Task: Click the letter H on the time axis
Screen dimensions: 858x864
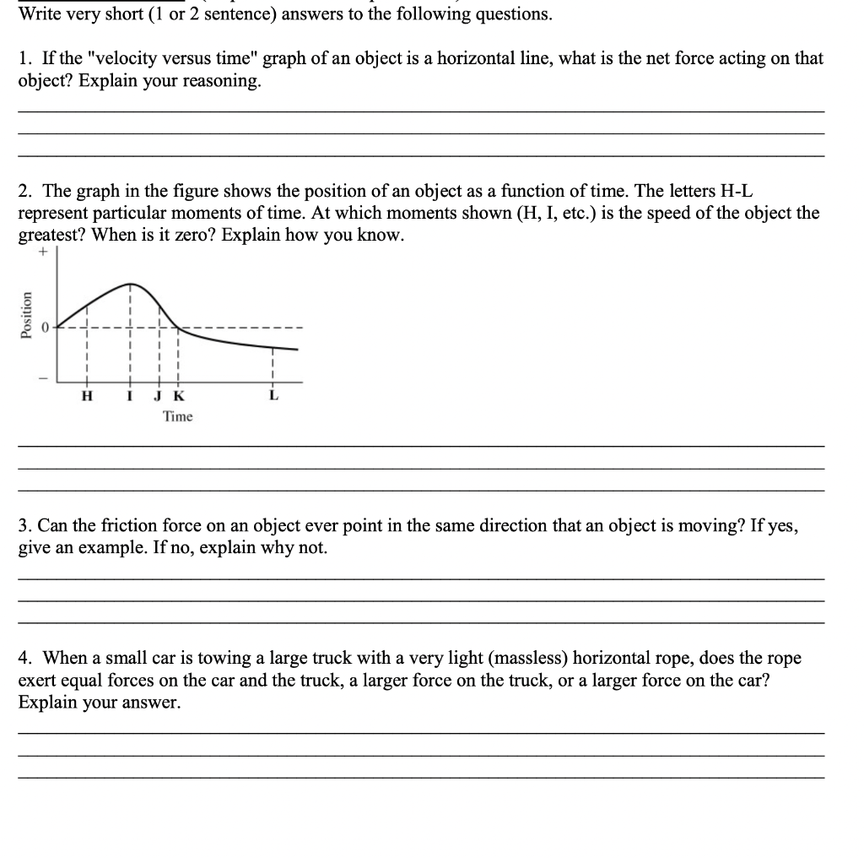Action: click(x=85, y=396)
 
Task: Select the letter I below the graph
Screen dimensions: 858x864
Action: click(x=129, y=396)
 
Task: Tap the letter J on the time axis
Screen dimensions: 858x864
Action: click(x=159, y=396)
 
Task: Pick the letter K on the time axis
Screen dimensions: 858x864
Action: click(x=177, y=396)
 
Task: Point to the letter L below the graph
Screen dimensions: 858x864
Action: click(x=273, y=396)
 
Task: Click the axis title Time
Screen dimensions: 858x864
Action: click(x=177, y=416)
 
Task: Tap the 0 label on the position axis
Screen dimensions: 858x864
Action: click(x=48, y=327)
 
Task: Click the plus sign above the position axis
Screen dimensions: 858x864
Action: click(x=40, y=251)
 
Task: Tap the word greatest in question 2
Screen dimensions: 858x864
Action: click(x=50, y=235)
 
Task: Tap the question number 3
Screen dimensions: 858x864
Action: click(x=24, y=525)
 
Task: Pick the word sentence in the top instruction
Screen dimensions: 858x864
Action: click(x=241, y=14)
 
